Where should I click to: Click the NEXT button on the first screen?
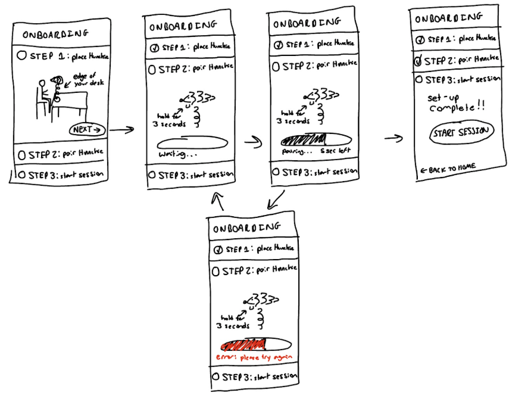coord(87,129)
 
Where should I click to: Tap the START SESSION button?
coord(461,132)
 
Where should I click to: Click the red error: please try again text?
coord(254,357)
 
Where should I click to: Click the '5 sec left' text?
coord(334,151)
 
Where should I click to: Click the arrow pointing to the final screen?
coord(392,139)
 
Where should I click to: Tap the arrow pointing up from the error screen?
coord(218,202)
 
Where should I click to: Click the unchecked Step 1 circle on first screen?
coord(21,56)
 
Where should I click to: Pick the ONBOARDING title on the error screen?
coord(246,228)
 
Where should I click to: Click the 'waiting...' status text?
coord(177,154)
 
